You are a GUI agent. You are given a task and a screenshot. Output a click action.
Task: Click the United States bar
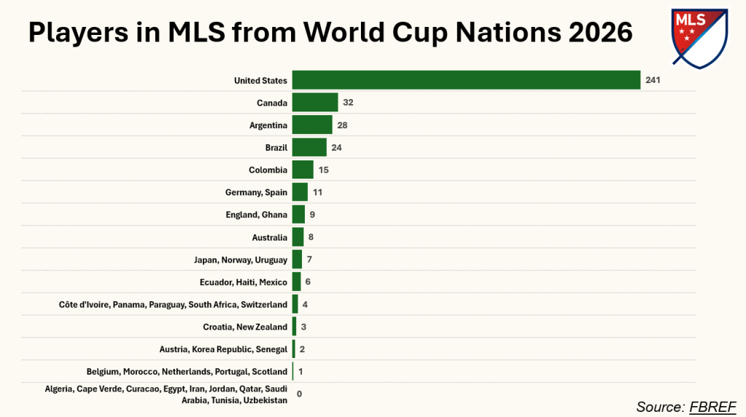point(466,80)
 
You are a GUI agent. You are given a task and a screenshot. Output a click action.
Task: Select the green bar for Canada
point(315,102)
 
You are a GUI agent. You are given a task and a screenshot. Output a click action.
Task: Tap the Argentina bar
point(312,125)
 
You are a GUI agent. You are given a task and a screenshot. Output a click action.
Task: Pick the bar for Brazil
point(309,147)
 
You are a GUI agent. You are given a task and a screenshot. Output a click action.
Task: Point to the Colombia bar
point(303,170)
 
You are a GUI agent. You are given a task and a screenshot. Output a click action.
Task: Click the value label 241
point(652,80)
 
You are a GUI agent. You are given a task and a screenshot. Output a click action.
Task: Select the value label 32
point(348,103)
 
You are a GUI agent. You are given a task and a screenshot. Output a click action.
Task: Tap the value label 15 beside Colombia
point(323,170)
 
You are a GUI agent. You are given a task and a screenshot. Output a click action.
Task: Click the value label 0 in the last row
point(299,394)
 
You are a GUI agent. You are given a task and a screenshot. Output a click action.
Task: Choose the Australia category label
point(269,237)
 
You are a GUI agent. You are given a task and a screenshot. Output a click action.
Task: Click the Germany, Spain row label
point(256,192)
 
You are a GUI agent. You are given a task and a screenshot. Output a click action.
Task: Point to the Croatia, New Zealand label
point(245,327)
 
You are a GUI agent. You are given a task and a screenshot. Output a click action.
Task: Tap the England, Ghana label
point(257,215)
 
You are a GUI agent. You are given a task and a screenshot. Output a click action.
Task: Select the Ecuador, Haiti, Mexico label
point(244,282)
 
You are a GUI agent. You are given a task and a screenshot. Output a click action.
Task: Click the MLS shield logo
point(699,37)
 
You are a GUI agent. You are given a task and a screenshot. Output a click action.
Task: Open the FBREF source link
point(713,406)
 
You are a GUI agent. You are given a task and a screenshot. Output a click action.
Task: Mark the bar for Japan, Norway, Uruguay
point(297,260)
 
